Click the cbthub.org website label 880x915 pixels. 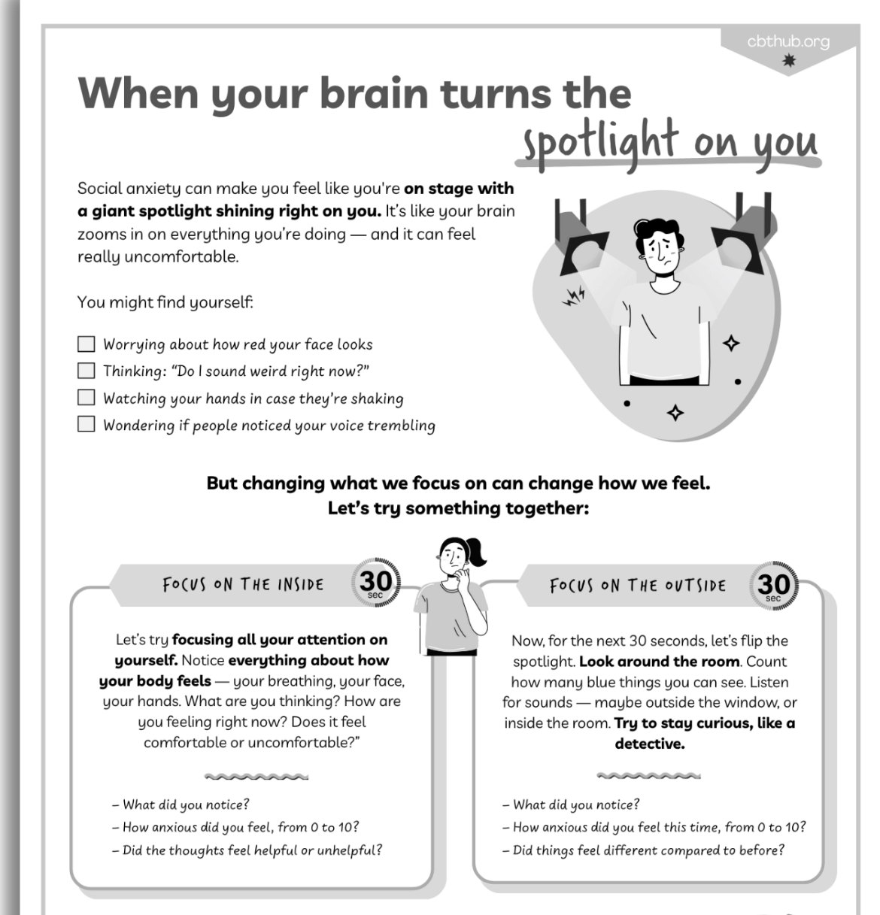coord(788,42)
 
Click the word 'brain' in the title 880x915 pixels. coord(375,93)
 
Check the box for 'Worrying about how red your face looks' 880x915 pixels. coord(86,344)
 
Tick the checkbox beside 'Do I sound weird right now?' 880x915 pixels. coord(86,371)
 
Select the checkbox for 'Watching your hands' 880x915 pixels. coord(86,397)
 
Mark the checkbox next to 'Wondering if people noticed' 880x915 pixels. coord(86,424)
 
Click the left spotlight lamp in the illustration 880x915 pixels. coord(581,240)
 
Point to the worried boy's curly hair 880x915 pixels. coord(658,233)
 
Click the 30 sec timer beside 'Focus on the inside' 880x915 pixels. coord(376,583)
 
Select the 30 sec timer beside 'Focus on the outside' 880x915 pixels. coord(774,586)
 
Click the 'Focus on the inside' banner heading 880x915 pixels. coord(243,584)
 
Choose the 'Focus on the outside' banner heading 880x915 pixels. coord(638,586)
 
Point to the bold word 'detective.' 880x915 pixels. coord(650,744)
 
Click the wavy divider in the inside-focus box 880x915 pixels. coord(256,777)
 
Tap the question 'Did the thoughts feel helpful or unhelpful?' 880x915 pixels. coord(247,850)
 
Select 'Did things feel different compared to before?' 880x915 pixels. coord(643,850)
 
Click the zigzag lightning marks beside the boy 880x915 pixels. coord(573,296)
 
